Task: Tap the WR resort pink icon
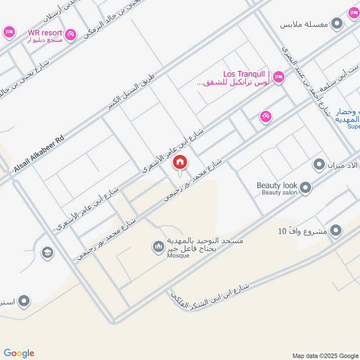pos(70,34)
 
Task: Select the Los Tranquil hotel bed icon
pos(279,77)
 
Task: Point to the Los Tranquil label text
pos(247,74)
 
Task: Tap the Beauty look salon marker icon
pos(306,188)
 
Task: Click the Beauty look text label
pos(277,185)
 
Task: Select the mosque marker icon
pos(158,247)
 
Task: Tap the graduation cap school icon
pos(47,253)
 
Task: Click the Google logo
pos(19,353)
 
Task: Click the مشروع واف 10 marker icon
pos(335,231)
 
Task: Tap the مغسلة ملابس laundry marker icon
pos(336,24)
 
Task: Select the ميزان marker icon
pos(319,165)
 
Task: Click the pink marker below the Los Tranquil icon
pos(265,117)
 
